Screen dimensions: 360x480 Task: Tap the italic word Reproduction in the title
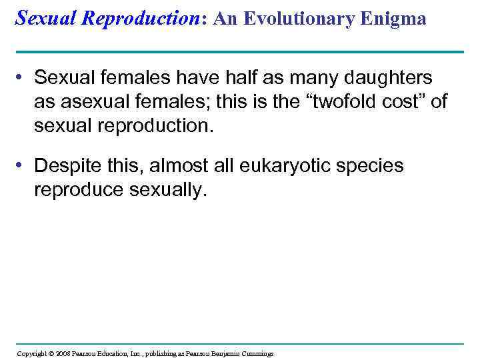143,18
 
